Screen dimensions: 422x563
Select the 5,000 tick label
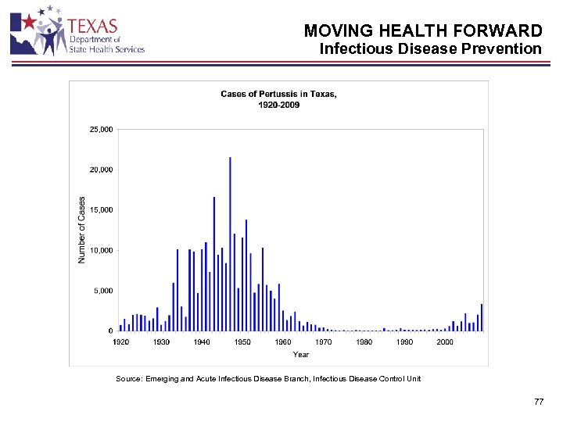coord(102,291)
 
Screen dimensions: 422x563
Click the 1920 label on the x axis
coord(120,342)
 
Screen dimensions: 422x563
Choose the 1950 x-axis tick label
coord(242,342)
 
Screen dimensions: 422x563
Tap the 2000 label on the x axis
coord(445,342)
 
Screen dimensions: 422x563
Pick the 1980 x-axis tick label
coord(364,342)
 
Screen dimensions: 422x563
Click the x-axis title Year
coord(301,355)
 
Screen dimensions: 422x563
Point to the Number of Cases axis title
coord(82,229)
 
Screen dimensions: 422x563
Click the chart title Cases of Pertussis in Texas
coord(279,95)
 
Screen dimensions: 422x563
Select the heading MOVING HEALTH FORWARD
coord(422,31)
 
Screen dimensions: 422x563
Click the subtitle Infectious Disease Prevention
coord(430,49)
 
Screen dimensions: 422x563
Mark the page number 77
coord(538,402)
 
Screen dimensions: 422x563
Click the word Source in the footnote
coord(129,379)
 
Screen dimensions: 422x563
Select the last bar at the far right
coord(482,317)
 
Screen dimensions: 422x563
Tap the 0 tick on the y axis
coord(109,331)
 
